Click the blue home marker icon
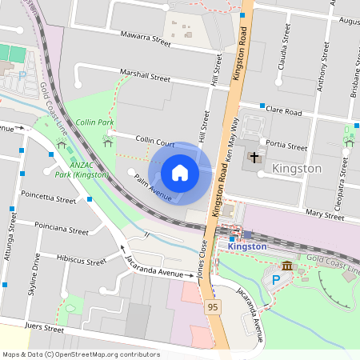[x=180, y=173]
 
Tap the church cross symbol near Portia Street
[x=254, y=158]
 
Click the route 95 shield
[x=212, y=306]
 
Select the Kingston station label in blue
[x=246, y=246]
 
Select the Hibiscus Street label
[x=82, y=260]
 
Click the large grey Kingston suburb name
[x=297, y=169]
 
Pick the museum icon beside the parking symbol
[x=286, y=266]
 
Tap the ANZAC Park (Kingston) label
[x=80, y=169]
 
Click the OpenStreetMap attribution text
[x=81, y=354]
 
